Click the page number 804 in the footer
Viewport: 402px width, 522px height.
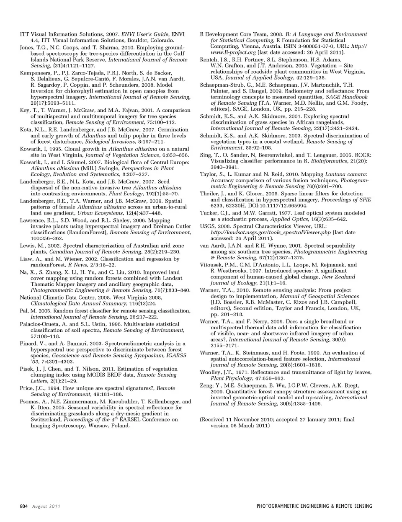23,506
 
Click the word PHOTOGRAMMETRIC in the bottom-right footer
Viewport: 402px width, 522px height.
280,506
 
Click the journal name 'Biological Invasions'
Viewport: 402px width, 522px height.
122,142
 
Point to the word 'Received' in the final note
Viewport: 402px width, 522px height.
215,419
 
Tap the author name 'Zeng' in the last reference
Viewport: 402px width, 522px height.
206,385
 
